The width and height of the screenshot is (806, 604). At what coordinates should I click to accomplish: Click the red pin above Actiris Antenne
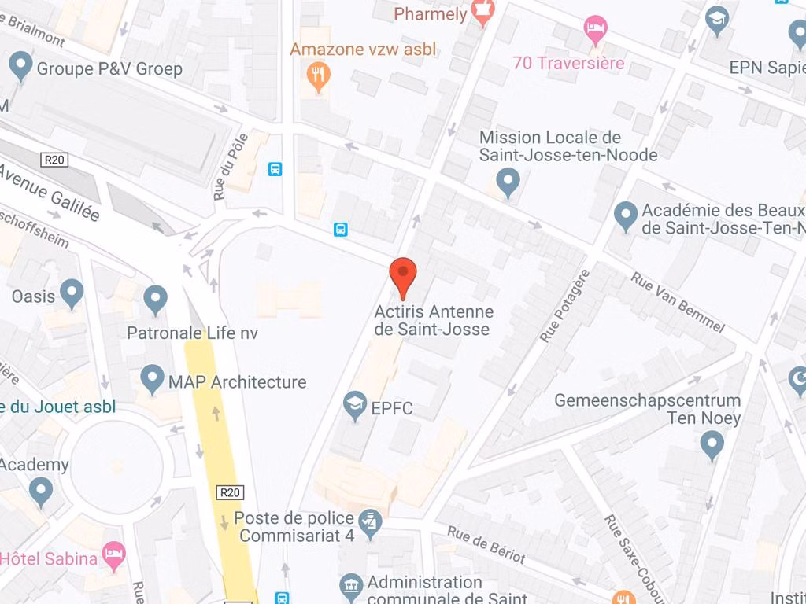(403, 274)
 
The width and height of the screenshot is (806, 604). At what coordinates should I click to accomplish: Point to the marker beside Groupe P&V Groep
(20, 66)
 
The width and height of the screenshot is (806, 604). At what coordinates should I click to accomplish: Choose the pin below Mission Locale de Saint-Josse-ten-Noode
(509, 182)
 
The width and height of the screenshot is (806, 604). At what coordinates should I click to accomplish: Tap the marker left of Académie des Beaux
(626, 215)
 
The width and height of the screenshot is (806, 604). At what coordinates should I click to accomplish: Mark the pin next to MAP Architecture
(152, 379)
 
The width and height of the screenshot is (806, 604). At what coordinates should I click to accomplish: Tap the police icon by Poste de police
(369, 520)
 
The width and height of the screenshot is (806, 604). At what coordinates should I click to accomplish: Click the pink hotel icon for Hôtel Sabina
(115, 554)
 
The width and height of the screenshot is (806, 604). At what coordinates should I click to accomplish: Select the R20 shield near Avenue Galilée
(54, 160)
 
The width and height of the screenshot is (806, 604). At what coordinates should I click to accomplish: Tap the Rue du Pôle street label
(230, 167)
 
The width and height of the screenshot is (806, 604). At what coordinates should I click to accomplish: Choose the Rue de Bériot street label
(486, 544)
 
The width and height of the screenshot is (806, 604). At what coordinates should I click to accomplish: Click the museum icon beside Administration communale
(351, 587)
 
